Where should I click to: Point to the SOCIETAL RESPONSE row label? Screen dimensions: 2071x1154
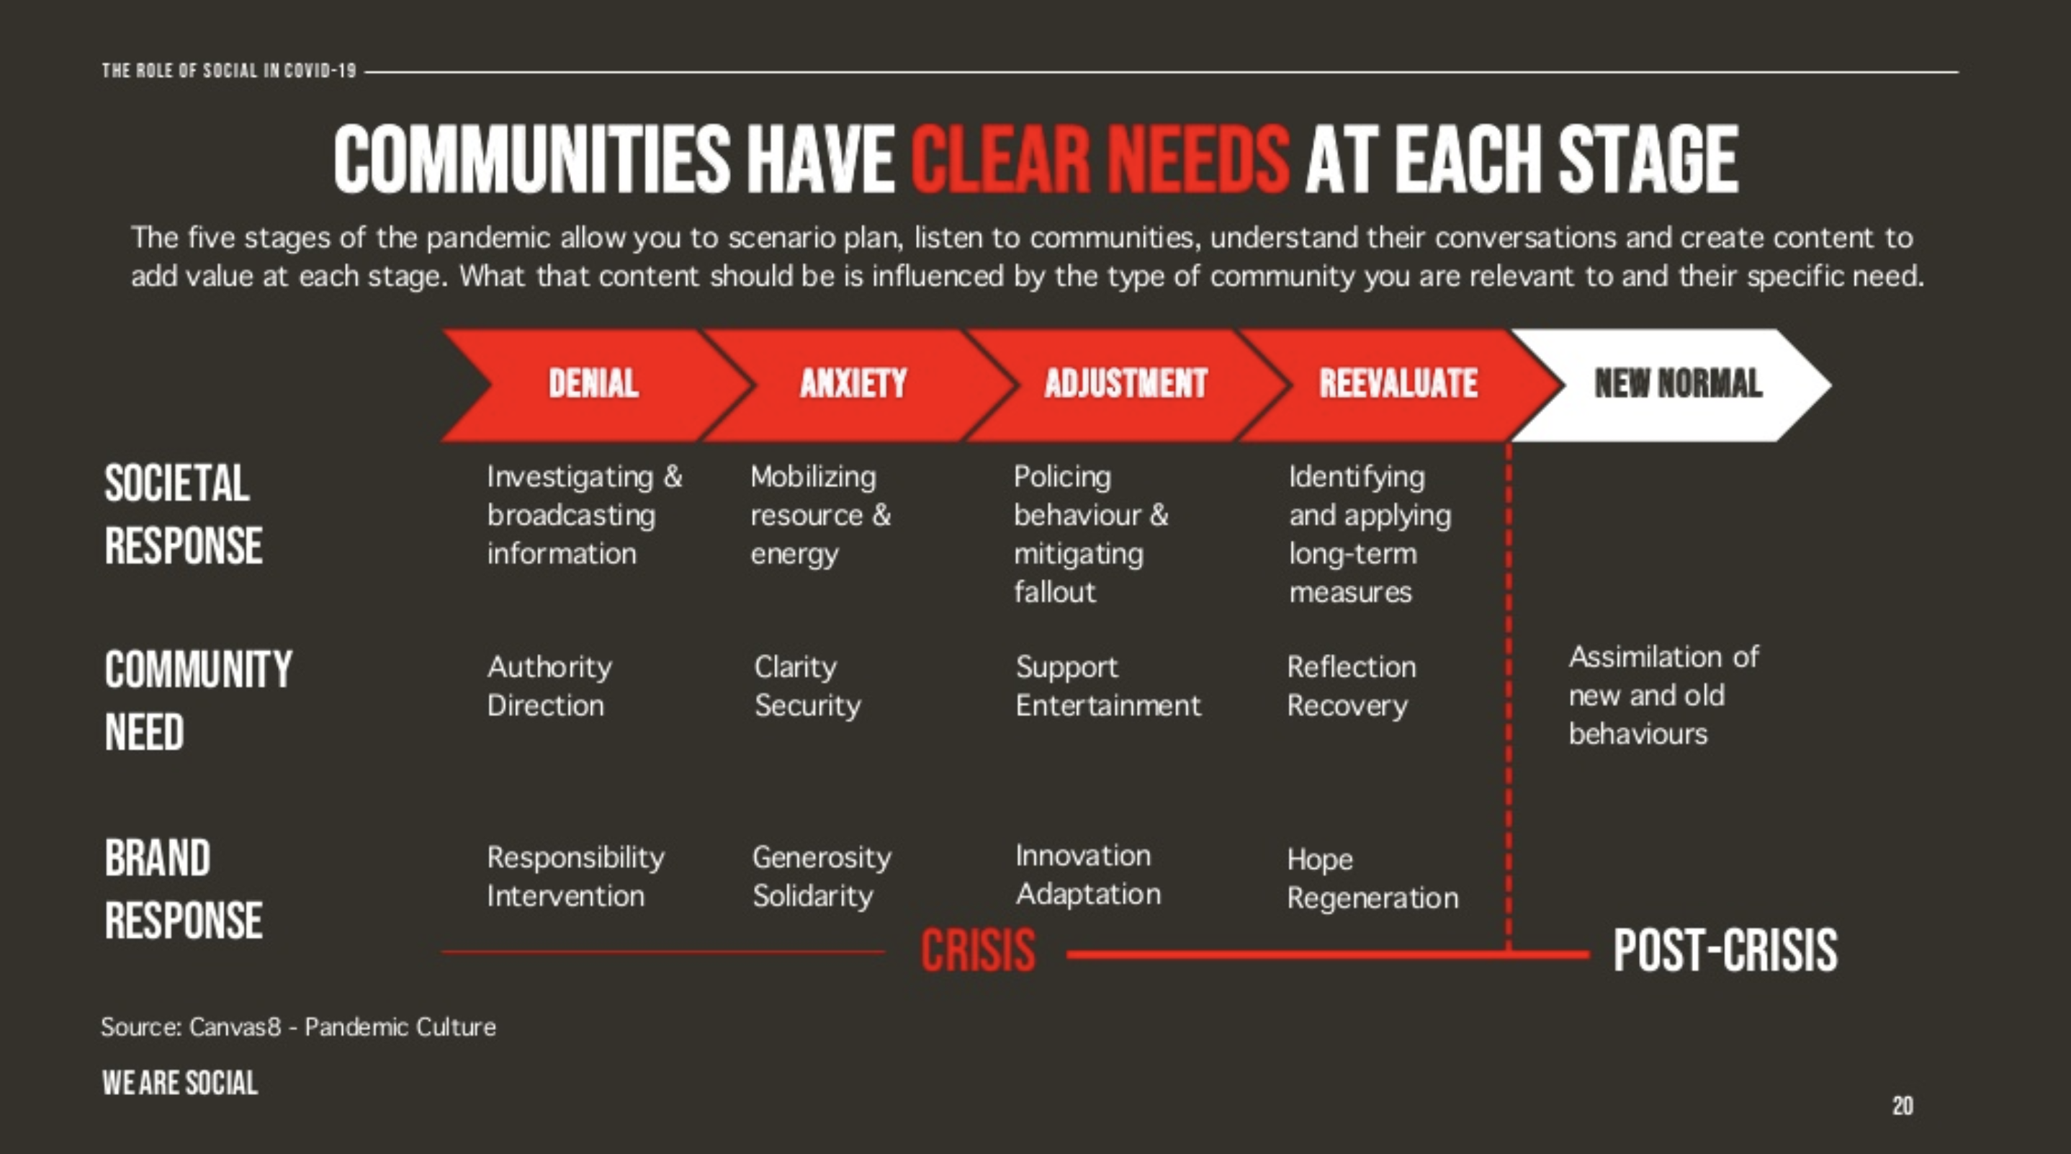point(184,514)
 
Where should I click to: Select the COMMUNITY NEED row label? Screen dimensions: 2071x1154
point(198,700)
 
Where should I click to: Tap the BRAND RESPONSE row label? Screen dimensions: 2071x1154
point(184,889)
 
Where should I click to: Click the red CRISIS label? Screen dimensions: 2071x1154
point(978,949)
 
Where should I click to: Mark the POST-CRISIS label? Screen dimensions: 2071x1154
point(1725,949)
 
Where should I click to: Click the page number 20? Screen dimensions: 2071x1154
point(1903,1106)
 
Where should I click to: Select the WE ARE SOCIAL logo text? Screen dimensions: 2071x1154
point(180,1083)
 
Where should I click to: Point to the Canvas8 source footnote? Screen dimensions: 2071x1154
point(298,1027)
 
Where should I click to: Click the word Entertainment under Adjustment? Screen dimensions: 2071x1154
point(1108,705)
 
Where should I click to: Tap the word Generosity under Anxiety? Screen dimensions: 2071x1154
point(822,858)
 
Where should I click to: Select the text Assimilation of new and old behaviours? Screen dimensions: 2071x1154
point(1663,696)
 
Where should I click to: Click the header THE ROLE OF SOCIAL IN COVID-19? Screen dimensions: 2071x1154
point(229,71)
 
